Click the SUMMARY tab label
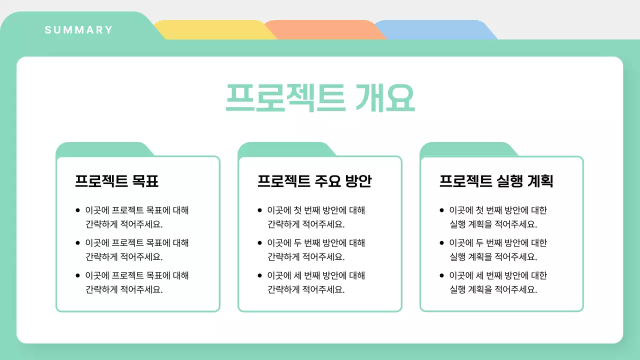(x=79, y=30)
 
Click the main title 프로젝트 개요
(x=320, y=98)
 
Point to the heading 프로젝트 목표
(x=116, y=180)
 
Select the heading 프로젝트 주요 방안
(x=314, y=180)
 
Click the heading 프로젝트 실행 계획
(x=496, y=180)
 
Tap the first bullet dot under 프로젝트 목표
(x=77, y=210)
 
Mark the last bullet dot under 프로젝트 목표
(x=77, y=275)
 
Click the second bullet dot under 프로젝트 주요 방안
(x=259, y=243)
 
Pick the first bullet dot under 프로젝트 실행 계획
(x=441, y=210)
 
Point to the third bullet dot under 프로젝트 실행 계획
(x=441, y=275)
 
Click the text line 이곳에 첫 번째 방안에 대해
(x=316, y=210)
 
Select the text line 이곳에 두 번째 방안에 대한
(x=498, y=243)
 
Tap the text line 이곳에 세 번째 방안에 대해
(x=316, y=275)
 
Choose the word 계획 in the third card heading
(x=539, y=180)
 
